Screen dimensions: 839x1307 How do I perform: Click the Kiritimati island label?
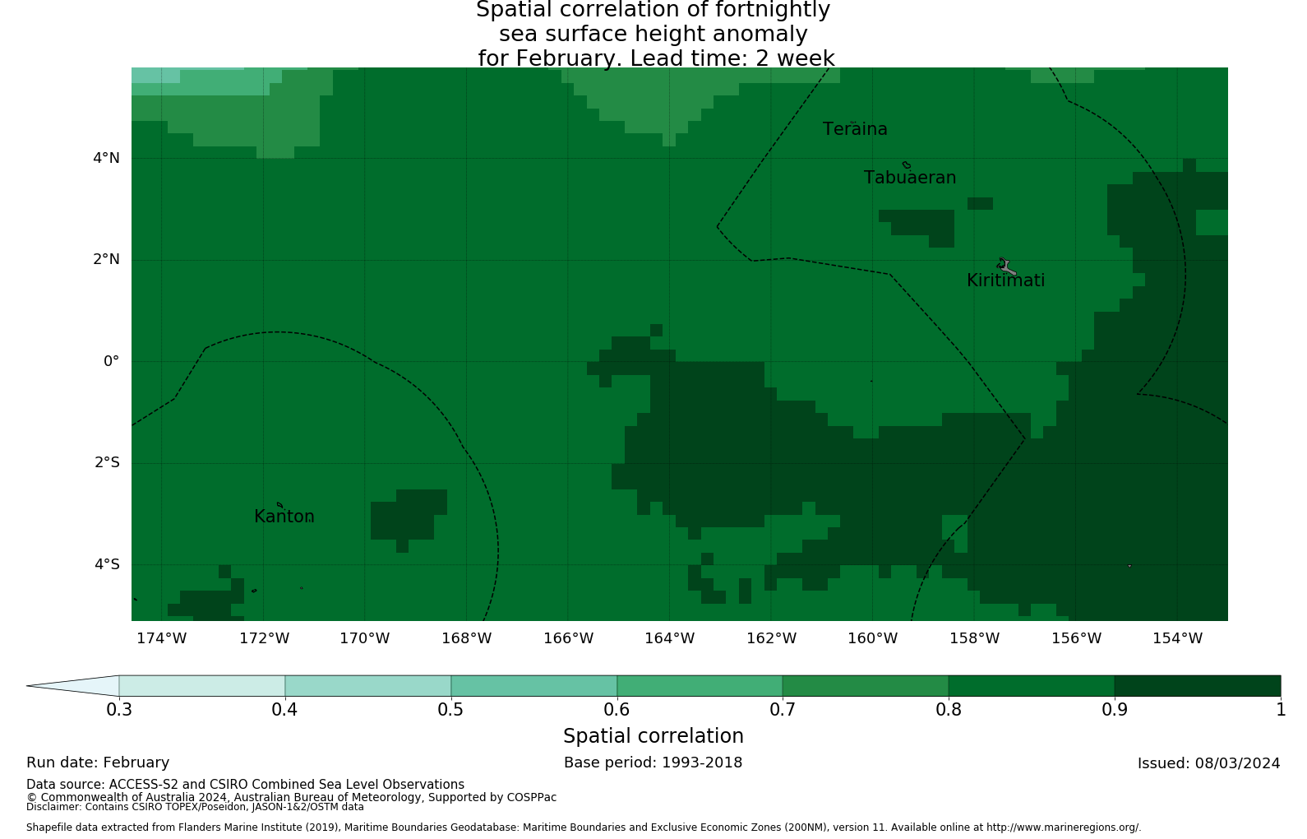[1005, 281]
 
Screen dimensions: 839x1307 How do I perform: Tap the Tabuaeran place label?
[910, 178]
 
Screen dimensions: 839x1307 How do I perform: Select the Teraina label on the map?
[855, 130]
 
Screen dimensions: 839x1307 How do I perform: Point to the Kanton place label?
[284, 517]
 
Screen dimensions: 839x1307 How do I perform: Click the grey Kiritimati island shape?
[1006, 267]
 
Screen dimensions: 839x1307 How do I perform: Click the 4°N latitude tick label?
[106, 158]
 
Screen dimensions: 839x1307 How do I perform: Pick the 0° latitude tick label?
[111, 361]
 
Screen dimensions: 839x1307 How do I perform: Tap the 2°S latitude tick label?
[106, 463]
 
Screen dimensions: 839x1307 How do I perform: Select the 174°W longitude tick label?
[161, 639]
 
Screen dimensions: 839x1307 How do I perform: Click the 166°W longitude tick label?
[568, 639]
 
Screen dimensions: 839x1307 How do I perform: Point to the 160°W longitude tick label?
[872, 639]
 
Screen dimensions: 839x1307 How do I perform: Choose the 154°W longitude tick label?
[1177, 639]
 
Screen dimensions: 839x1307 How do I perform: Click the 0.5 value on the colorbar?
[450, 710]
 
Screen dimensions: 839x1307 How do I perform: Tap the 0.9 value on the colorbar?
[1114, 710]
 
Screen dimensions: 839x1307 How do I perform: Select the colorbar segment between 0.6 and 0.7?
[700, 686]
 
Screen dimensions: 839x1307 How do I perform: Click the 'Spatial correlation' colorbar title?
[653, 736]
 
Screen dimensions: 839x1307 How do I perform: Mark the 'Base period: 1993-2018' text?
[653, 763]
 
